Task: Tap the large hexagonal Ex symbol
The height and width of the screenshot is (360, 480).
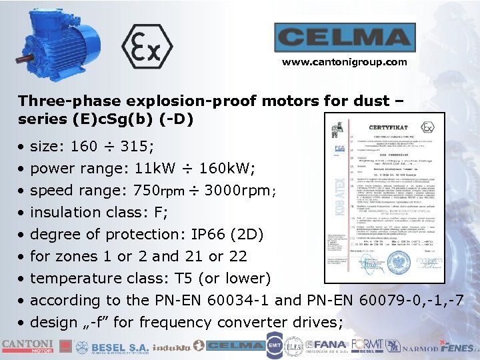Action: (147, 47)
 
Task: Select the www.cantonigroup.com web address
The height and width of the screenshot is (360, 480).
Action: (344, 62)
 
